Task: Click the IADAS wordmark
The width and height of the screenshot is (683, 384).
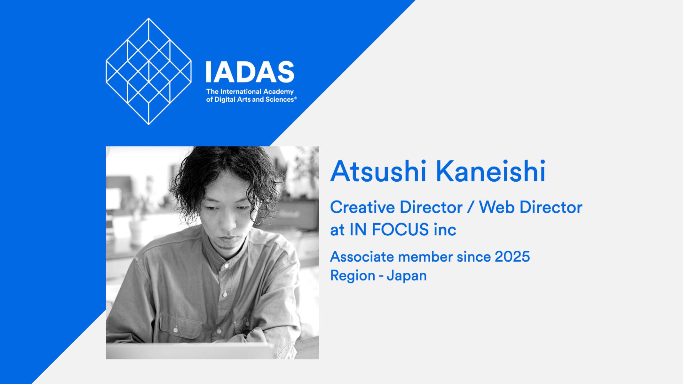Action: (250, 72)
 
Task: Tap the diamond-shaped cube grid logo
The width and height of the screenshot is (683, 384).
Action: (149, 71)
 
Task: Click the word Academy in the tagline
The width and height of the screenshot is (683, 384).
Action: (278, 92)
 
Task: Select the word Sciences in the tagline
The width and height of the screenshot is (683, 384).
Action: (280, 100)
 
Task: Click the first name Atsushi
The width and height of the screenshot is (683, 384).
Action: (378, 172)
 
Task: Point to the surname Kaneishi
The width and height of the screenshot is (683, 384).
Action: (491, 172)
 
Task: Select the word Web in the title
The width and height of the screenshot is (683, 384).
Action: (497, 207)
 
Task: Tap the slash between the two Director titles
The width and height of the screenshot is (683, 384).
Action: (471, 207)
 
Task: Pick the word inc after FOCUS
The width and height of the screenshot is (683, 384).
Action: (445, 230)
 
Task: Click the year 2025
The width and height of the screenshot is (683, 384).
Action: (512, 257)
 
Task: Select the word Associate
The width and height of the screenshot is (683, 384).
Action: (362, 257)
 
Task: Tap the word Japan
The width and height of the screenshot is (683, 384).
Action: (407, 276)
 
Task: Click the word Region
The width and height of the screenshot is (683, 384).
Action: (353, 276)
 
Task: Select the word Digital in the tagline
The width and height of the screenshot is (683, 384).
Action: (225, 100)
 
